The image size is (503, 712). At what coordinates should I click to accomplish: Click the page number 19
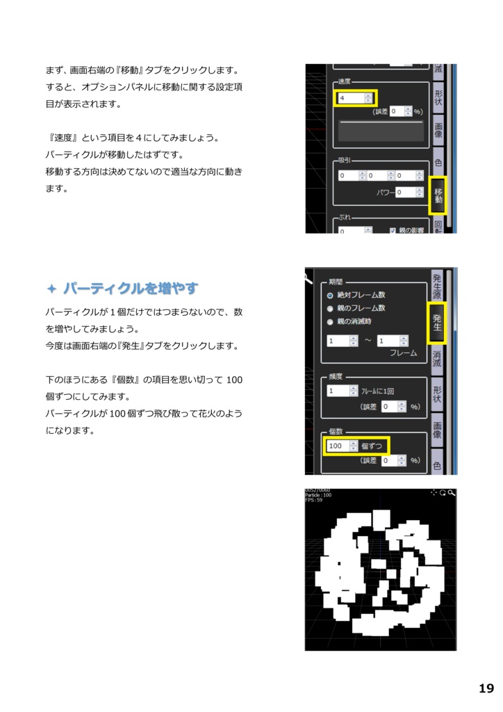(486, 688)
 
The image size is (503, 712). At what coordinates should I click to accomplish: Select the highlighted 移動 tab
(438, 195)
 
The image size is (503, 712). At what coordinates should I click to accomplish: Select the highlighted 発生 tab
(437, 323)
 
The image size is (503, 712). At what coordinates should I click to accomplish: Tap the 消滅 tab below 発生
(437, 359)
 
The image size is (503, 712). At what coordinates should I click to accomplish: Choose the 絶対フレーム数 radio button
(330, 295)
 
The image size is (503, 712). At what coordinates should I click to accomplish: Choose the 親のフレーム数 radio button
(330, 308)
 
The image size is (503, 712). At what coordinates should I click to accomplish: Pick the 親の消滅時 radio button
(330, 321)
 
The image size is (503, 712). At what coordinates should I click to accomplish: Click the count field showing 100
(338, 446)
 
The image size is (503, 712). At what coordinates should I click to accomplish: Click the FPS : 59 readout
(314, 500)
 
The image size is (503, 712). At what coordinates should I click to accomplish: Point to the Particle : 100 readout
(318, 495)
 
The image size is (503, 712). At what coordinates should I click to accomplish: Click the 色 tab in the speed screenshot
(438, 163)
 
